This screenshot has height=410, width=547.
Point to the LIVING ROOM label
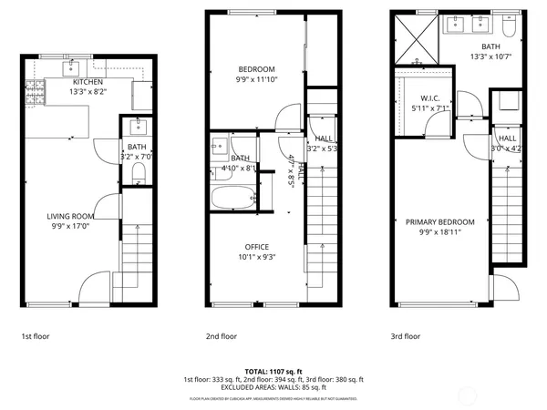coord(70,217)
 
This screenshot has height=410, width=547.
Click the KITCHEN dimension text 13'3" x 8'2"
coord(88,91)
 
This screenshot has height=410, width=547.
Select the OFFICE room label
coord(255,247)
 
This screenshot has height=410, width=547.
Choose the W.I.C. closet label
coord(430,98)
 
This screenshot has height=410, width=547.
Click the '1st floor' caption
coord(36,336)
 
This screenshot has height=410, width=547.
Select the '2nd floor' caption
coord(222,336)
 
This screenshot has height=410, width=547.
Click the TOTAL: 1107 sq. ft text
coord(273,371)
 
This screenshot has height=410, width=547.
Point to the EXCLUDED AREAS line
coord(273,387)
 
